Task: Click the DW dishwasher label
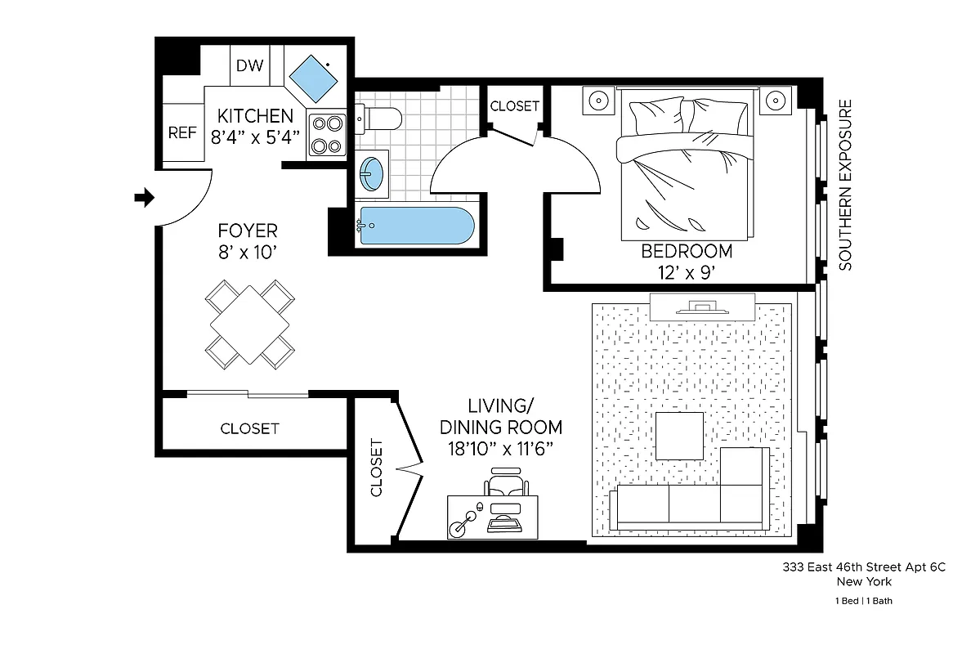[x=250, y=65]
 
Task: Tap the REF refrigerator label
[x=182, y=132]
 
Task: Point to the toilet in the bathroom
[x=378, y=119]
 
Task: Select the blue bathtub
[x=415, y=225]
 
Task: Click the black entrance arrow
[x=144, y=197]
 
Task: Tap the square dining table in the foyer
[x=249, y=322]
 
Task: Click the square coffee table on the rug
[x=679, y=437]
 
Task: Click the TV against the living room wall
[x=702, y=307]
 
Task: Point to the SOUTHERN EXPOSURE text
[x=846, y=185]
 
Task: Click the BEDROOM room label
[x=686, y=251]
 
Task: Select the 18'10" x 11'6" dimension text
[x=500, y=448]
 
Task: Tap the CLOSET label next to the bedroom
[x=514, y=106]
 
